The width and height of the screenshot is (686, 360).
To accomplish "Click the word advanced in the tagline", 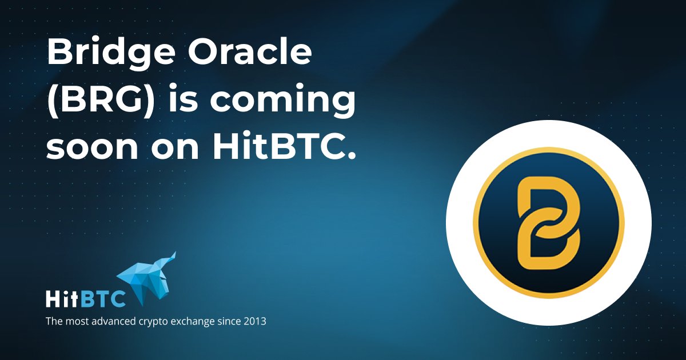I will [x=113, y=322].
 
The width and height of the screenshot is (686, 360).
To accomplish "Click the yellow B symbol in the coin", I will [x=548, y=222].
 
